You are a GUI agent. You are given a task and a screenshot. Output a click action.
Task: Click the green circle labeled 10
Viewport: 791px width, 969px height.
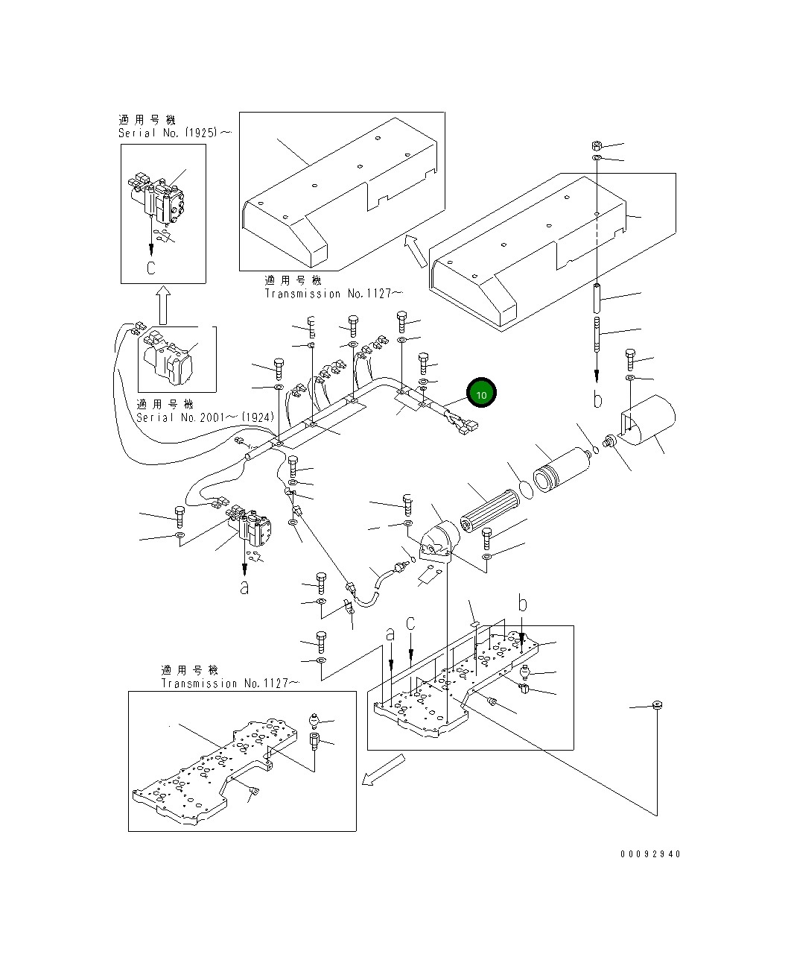click(x=481, y=393)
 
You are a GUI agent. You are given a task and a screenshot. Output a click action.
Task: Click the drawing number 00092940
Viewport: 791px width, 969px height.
click(x=649, y=854)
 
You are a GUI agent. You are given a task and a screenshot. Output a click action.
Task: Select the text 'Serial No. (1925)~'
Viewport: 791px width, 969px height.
click(x=174, y=133)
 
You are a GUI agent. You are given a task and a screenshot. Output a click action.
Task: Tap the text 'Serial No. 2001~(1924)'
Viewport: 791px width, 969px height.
click(x=205, y=417)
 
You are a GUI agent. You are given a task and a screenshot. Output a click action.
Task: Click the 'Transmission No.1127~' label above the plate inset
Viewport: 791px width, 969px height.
click(x=230, y=683)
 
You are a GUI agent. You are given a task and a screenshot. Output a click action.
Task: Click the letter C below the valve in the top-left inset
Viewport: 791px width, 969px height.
click(x=151, y=268)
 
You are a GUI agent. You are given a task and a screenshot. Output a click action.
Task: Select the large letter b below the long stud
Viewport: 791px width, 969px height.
click(x=597, y=400)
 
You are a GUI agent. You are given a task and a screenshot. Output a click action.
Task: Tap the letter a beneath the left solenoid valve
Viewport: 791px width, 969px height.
click(x=244, y=587)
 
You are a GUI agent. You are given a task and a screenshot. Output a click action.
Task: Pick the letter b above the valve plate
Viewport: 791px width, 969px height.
click(x=523, y=605)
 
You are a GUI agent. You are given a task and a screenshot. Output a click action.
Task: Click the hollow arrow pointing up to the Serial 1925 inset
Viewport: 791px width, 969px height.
click(x=163, y=306)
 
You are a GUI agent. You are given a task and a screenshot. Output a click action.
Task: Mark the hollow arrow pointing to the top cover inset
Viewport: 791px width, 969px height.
click(x=416, y=250)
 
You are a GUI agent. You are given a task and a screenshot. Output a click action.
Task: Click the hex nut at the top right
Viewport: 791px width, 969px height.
click(x=597, y=145)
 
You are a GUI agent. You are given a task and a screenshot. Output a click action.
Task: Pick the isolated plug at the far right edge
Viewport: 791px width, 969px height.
click(x=657, y=705)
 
